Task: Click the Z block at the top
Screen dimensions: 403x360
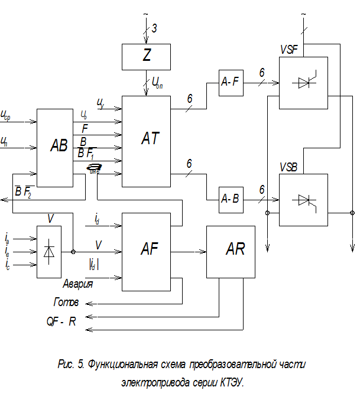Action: (x=145, y=57)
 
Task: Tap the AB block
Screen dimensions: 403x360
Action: (x=59, y=148)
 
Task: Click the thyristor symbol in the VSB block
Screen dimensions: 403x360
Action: (x=303, y=200)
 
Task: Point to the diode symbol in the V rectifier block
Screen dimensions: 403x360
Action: (x=49, y=252)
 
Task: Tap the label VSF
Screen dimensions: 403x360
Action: (x=289, y=50)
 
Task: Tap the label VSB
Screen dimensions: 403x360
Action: (x=289, y=167)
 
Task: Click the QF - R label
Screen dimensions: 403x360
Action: (x=61, y=323)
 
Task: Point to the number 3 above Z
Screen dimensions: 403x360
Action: (x=154, y=28)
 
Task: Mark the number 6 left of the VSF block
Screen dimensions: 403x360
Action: (x=261, y=73)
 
